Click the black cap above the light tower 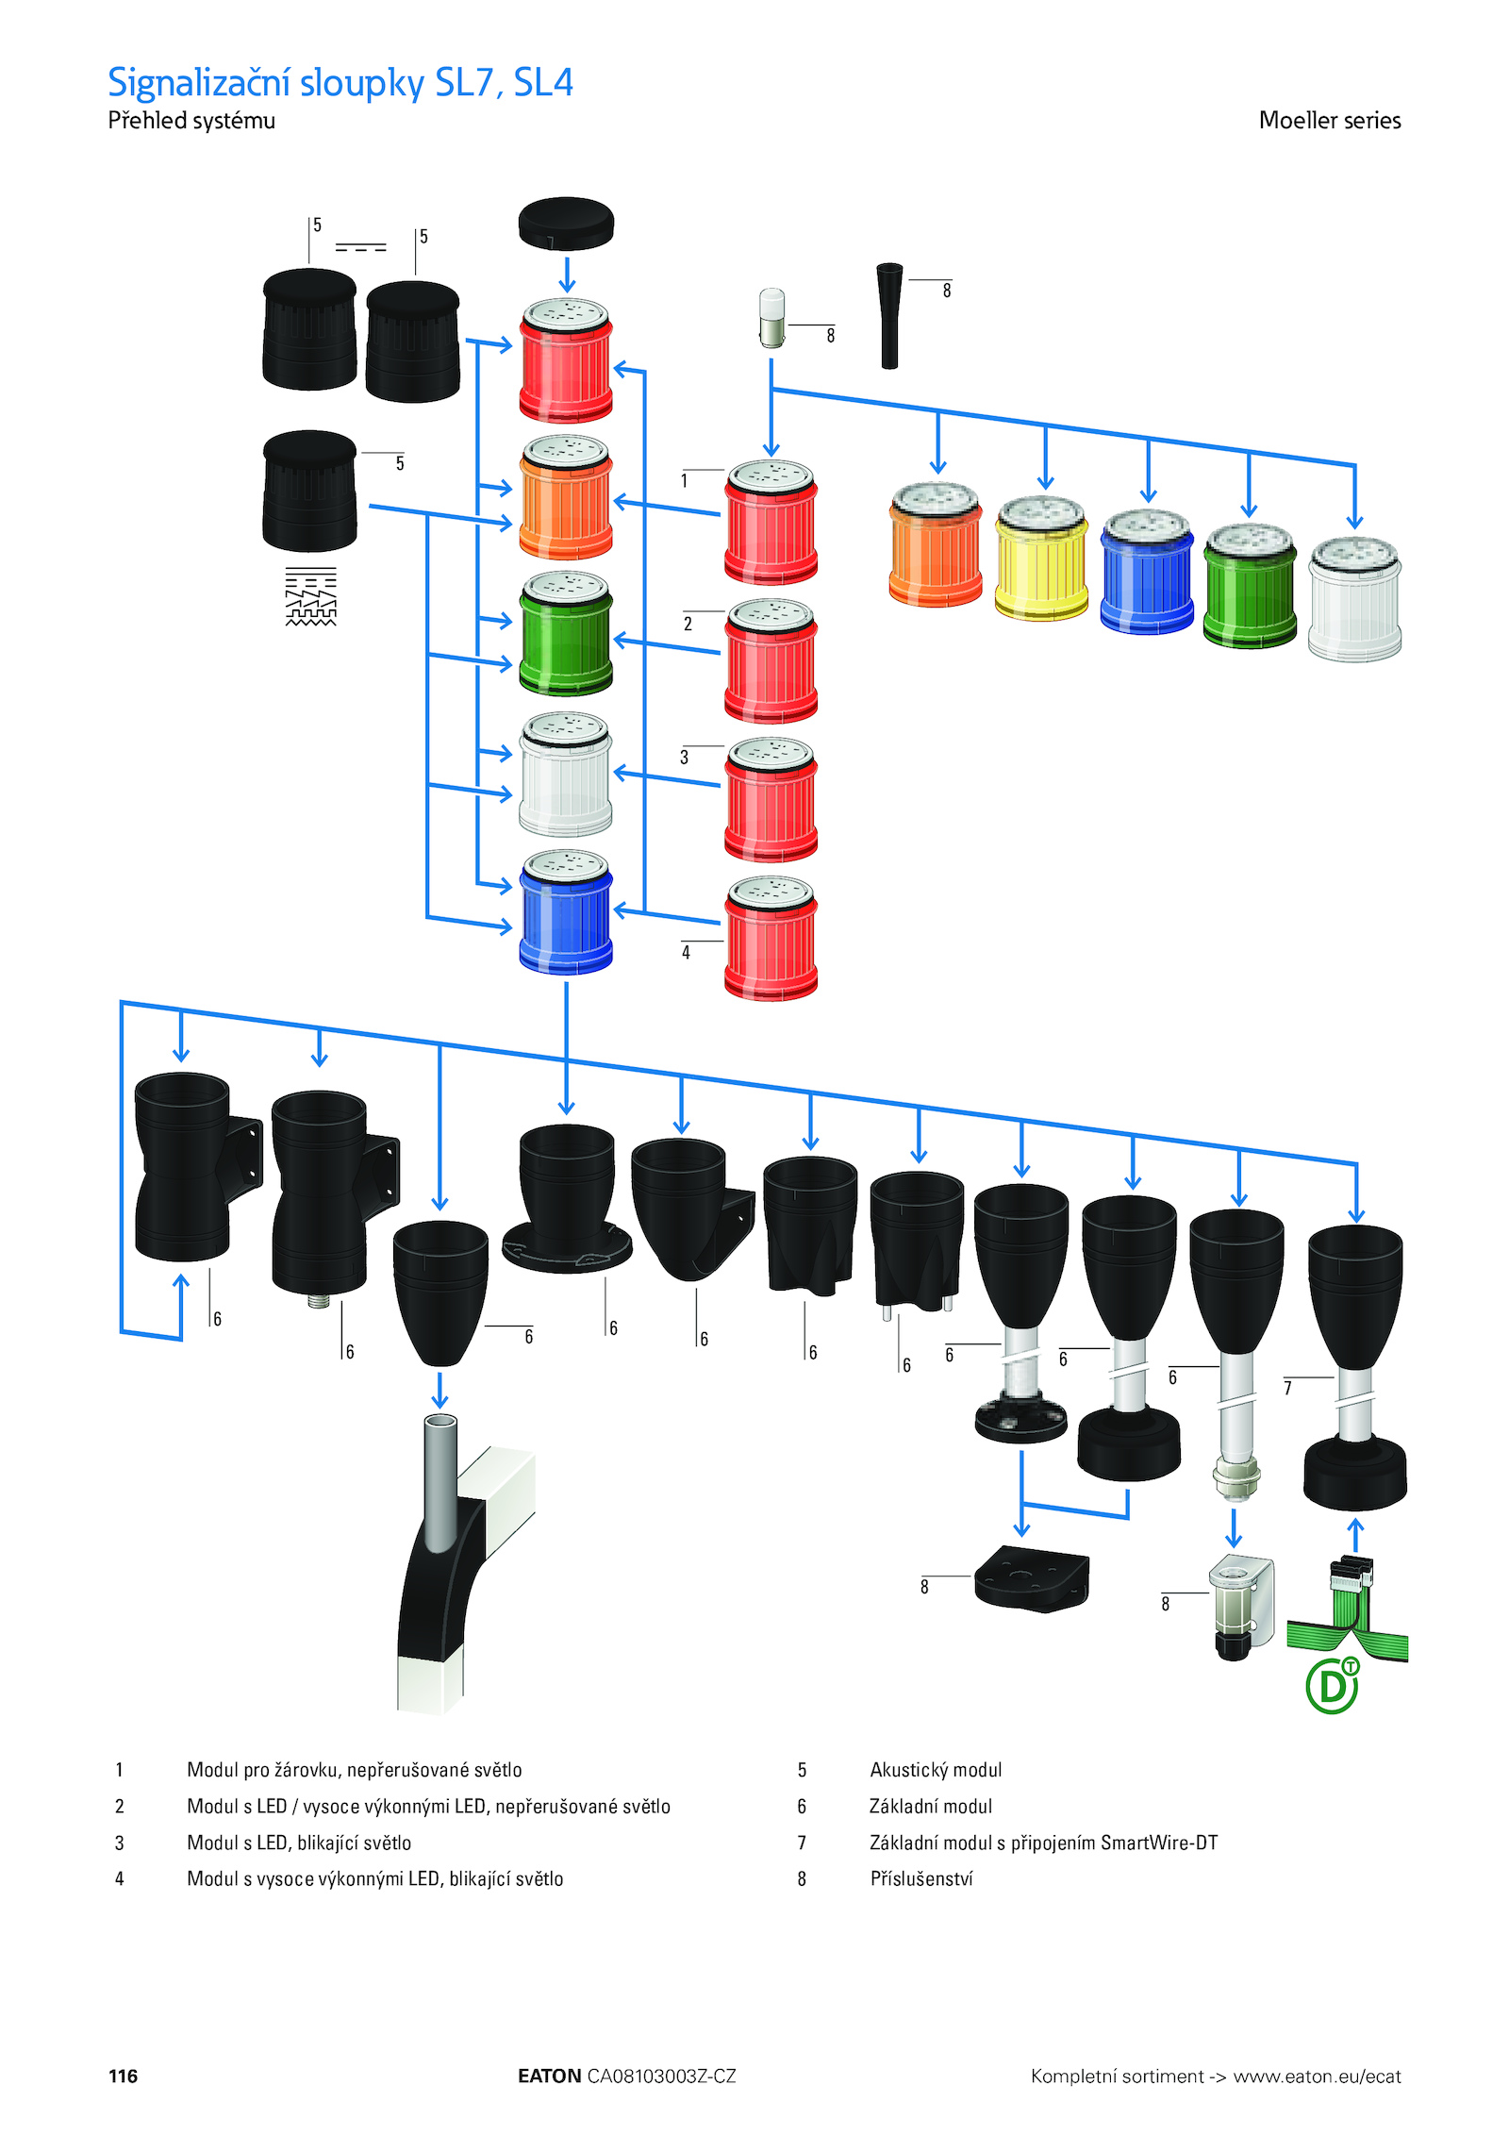[566, 224]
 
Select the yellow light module [1041, 559]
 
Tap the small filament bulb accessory [771, 318]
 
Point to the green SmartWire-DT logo [1332, 1685]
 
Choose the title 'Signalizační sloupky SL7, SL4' [340, 83]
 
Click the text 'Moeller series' [1329, 121]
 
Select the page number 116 [123, 2076]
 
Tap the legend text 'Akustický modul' [935, 1770]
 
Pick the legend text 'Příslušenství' [920, 1878]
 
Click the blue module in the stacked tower [566, 912]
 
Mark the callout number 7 [1287, 1388]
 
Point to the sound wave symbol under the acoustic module [310, 596]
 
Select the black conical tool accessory [889, 315]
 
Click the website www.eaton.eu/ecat [1317, 2076]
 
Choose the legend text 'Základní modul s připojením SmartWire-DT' [1042, 1843]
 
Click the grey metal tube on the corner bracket [440, 1481]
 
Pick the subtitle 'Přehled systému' [191, 121]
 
